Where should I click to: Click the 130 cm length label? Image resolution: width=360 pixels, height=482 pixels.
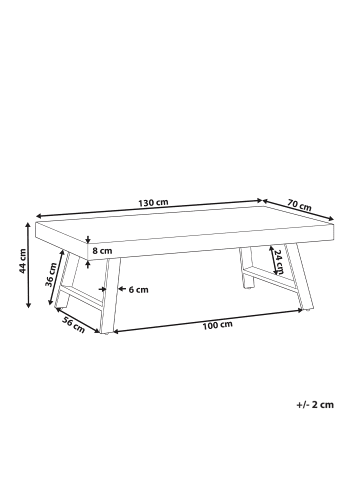[155, 203]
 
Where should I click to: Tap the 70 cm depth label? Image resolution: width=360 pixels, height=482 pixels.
[298, 205]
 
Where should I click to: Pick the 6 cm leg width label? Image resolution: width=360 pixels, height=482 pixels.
[139, 290]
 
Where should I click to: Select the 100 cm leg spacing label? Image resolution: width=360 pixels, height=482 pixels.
[218, 325]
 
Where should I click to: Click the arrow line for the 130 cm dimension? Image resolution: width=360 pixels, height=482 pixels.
[150, 211]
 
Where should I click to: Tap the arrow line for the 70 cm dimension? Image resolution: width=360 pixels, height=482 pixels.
[300, 213]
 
